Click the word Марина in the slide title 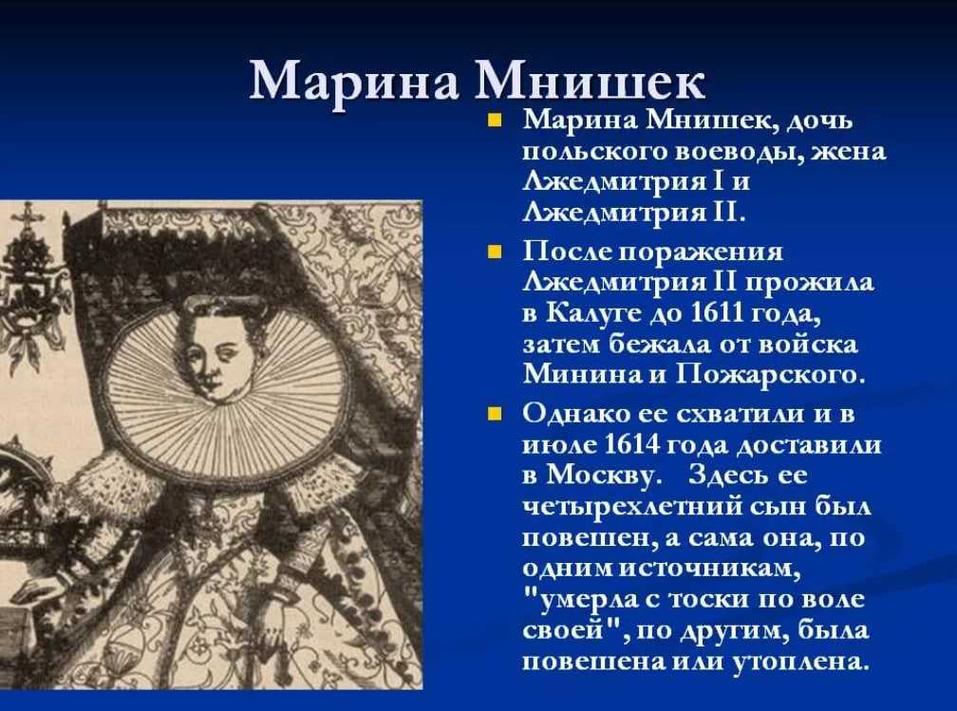point(354,82)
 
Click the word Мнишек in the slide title point(591,82)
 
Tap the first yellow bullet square point(495,119)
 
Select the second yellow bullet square point(495,252)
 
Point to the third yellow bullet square point(495,415)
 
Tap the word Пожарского point(771,374)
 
